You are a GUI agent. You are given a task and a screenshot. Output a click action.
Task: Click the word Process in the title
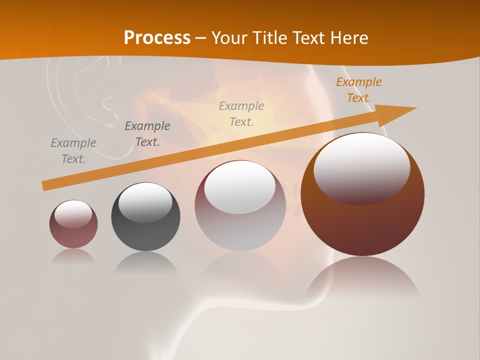pyautogui.click(x=157, y=37)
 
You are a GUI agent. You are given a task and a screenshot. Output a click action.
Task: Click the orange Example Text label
pyautogui.click(x=358, y=90)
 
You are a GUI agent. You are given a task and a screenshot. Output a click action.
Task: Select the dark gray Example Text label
pyautogui.click(x=147, y=134)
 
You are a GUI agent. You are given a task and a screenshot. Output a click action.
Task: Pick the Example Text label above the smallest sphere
pyautogui.click(x=73, y=151)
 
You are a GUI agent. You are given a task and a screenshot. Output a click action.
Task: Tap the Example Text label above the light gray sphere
pyautogui.click(x=241, y=114)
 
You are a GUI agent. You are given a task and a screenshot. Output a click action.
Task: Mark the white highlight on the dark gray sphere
pyautogui.click(x=145, y=201)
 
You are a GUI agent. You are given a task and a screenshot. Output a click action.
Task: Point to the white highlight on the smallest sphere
pyautogui.click(x=73, y=213)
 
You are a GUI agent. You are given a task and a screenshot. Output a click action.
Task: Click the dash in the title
pyautogui.click(x=201, y=38)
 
